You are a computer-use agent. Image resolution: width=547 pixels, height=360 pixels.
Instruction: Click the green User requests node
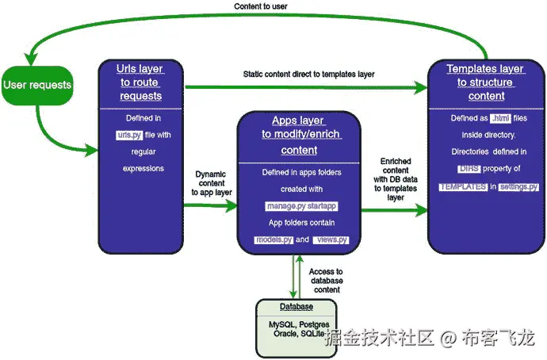coord(37,85)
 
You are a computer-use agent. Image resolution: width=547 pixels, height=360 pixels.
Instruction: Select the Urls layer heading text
coord(141,82)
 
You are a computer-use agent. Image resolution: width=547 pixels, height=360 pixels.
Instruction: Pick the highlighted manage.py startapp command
coord(297,206)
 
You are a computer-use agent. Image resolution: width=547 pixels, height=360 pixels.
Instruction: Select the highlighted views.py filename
coord(330,239)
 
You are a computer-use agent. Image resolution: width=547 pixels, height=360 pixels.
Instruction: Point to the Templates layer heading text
coord(486,82)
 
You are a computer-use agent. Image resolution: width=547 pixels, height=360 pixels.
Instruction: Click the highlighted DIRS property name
coord(469,169)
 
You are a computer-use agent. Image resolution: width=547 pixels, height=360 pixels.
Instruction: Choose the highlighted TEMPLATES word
coord(463,186)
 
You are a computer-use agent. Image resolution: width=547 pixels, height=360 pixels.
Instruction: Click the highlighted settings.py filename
coord(518,186)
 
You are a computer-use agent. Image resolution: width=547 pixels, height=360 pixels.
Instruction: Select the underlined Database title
coord(295,307)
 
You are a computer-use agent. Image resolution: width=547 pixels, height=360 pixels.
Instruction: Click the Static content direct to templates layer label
coord(308,74)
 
